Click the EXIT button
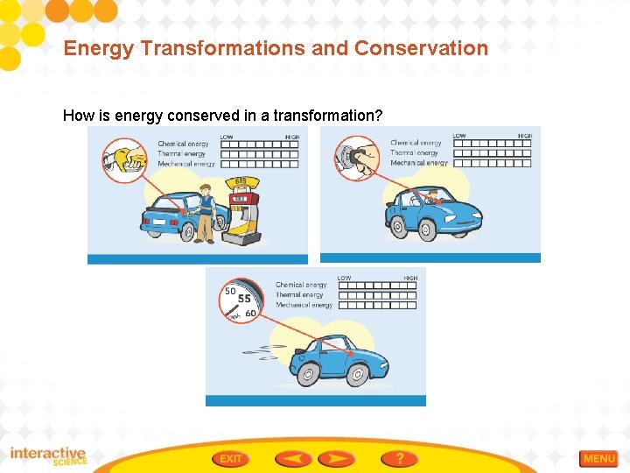[231, 458]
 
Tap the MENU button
[599, 458]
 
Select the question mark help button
[399, 458]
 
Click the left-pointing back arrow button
[292, 458]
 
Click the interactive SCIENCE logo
[48, 456]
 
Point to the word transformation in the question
[327, 115]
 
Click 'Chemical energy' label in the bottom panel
[301, 285]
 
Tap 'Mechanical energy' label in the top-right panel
[418, 163]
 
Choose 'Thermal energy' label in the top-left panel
[181, 154]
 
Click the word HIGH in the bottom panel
[410, 279]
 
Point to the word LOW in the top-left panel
[227, 138]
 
